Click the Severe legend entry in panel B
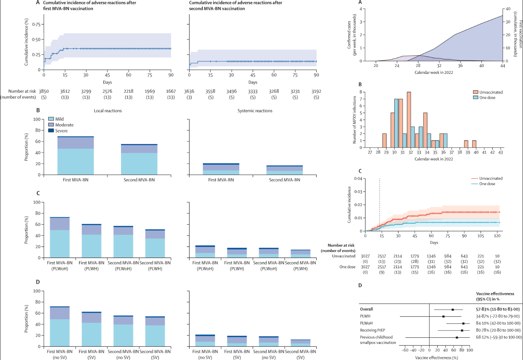point(61,131)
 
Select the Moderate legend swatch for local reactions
point(51,125)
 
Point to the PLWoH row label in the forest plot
point(366,323)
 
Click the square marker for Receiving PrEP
point(462,330)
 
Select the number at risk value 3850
point(44,91)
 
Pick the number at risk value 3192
point(316,91)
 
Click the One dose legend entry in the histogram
point(487,98)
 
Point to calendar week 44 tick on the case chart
point(503,66)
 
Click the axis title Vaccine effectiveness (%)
point(436,357)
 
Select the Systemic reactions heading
point(255,111)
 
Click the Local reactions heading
point(108,111)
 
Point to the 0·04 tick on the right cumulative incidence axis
point(358,179)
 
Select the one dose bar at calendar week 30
point(396,123)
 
